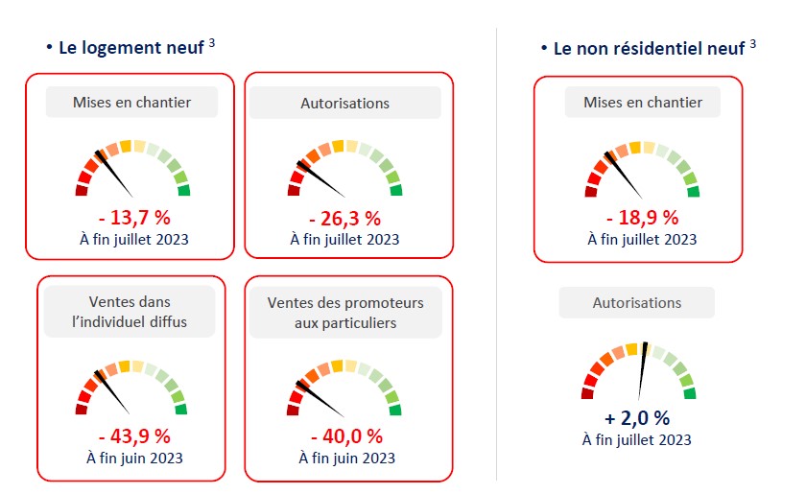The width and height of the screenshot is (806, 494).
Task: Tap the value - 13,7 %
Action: [130, 218]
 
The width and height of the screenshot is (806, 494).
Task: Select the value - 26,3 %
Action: [344, 218]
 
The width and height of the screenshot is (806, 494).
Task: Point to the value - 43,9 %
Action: [130, 436]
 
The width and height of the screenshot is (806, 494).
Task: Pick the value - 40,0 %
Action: [345, 436]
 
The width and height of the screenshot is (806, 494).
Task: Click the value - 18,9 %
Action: [642, 218]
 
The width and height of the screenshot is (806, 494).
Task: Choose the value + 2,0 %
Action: [637, 418]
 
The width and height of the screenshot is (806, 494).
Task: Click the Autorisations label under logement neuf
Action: [345, 103]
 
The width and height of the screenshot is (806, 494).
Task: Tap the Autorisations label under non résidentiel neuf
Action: [637, 302]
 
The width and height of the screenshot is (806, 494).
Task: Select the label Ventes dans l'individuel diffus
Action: [130, 312]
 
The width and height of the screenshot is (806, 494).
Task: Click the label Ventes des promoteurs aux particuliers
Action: [345, 312]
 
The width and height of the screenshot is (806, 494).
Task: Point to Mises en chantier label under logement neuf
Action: [131, 102]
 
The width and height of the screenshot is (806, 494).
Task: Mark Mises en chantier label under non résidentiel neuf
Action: [642, 102]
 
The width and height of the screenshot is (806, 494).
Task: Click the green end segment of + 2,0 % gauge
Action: [689, 392]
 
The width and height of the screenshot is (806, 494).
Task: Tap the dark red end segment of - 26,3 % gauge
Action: [294, 190]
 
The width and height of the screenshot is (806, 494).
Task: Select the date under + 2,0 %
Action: [637, 439]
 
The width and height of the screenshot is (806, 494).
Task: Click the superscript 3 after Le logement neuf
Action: [210, 43]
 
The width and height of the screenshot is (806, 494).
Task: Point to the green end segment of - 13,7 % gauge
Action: [184, 190]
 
